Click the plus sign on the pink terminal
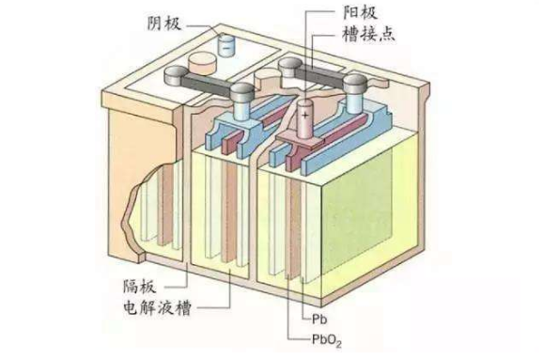305,113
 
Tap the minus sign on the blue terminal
226,41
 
